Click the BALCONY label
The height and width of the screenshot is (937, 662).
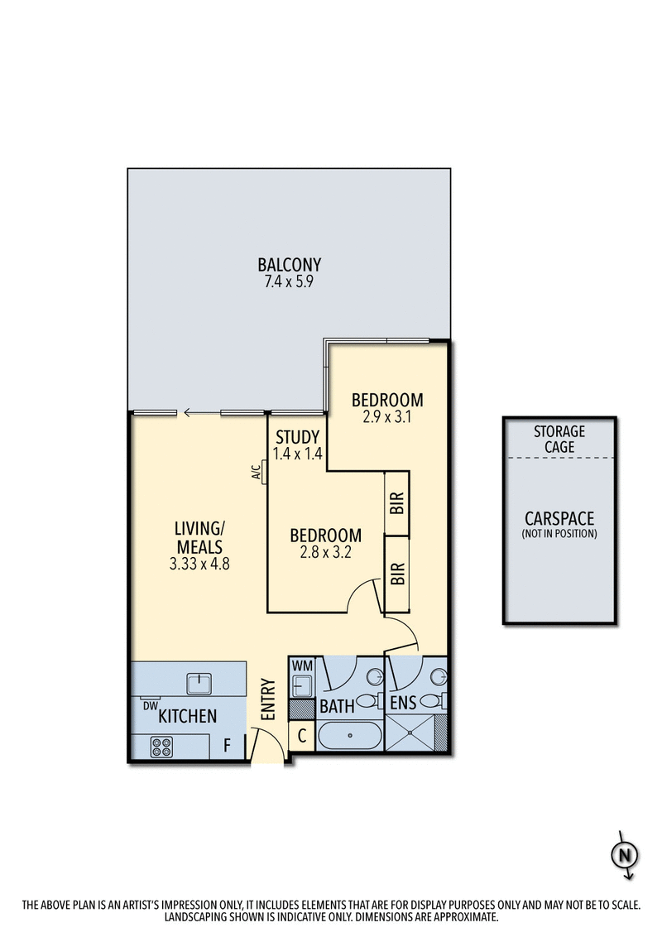tap(289, 265)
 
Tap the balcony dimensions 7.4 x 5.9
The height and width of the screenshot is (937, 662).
tap(289, 281)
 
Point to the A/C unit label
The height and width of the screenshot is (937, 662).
tap(257, 473)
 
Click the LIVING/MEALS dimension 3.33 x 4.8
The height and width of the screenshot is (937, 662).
tap(199, 565)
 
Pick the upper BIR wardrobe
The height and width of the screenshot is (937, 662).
tap(397, 502)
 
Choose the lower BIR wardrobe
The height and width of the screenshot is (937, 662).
tap(397, 574)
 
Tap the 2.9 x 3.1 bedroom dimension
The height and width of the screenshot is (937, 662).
tap(387, 418)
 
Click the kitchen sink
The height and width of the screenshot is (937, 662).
tap(199, 683)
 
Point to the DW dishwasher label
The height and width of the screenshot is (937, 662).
tap(150, 705)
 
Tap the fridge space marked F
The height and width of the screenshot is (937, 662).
tap(227, 745)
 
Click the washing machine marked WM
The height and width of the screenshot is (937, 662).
tap(301, 679)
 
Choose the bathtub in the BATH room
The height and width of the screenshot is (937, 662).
tap(349, 736)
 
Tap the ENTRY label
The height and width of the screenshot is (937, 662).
tap(266, 699)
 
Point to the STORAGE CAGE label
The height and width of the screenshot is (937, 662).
tap(559, 440)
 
